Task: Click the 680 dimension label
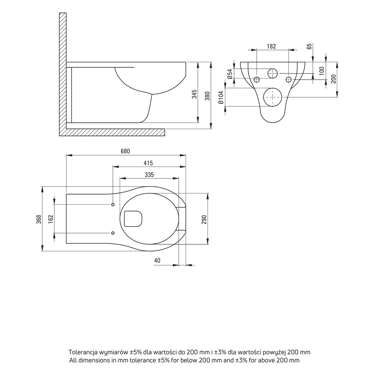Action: [125, 151]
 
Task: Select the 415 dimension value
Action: [148, 163]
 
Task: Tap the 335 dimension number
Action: [149, 175]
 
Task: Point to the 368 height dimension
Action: [39, 219]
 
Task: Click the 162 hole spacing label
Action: [51, 219]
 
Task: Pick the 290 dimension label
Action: [204, 220]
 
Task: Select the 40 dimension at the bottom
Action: [157, 260]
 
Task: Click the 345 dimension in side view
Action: [194, 94]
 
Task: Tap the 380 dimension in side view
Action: [207, 96]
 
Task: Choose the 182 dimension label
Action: [271, 46]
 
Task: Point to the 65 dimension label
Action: [309, 46]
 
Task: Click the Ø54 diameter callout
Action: [230, 74]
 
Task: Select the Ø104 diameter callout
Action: [221, 97]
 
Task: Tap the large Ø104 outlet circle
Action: [272, 88]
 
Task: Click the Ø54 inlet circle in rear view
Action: [272, 69]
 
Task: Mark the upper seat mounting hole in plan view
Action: [113, 204]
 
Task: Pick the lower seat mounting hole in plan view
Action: [113, 233]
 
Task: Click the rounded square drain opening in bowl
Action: [124, 219]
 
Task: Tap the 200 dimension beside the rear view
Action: [333, 79]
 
